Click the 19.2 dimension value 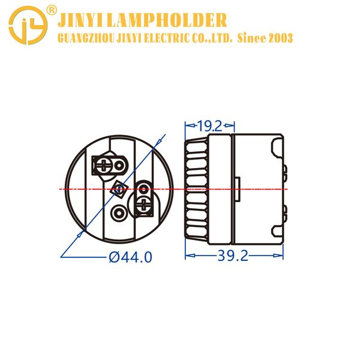click(209, 126)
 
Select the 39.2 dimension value click(233, 256)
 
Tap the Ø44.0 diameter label click(130, 257)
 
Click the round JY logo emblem click(28, 25)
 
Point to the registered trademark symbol click(51, 10)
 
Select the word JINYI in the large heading click(81, 20)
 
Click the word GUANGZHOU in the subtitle click(86, 38)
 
